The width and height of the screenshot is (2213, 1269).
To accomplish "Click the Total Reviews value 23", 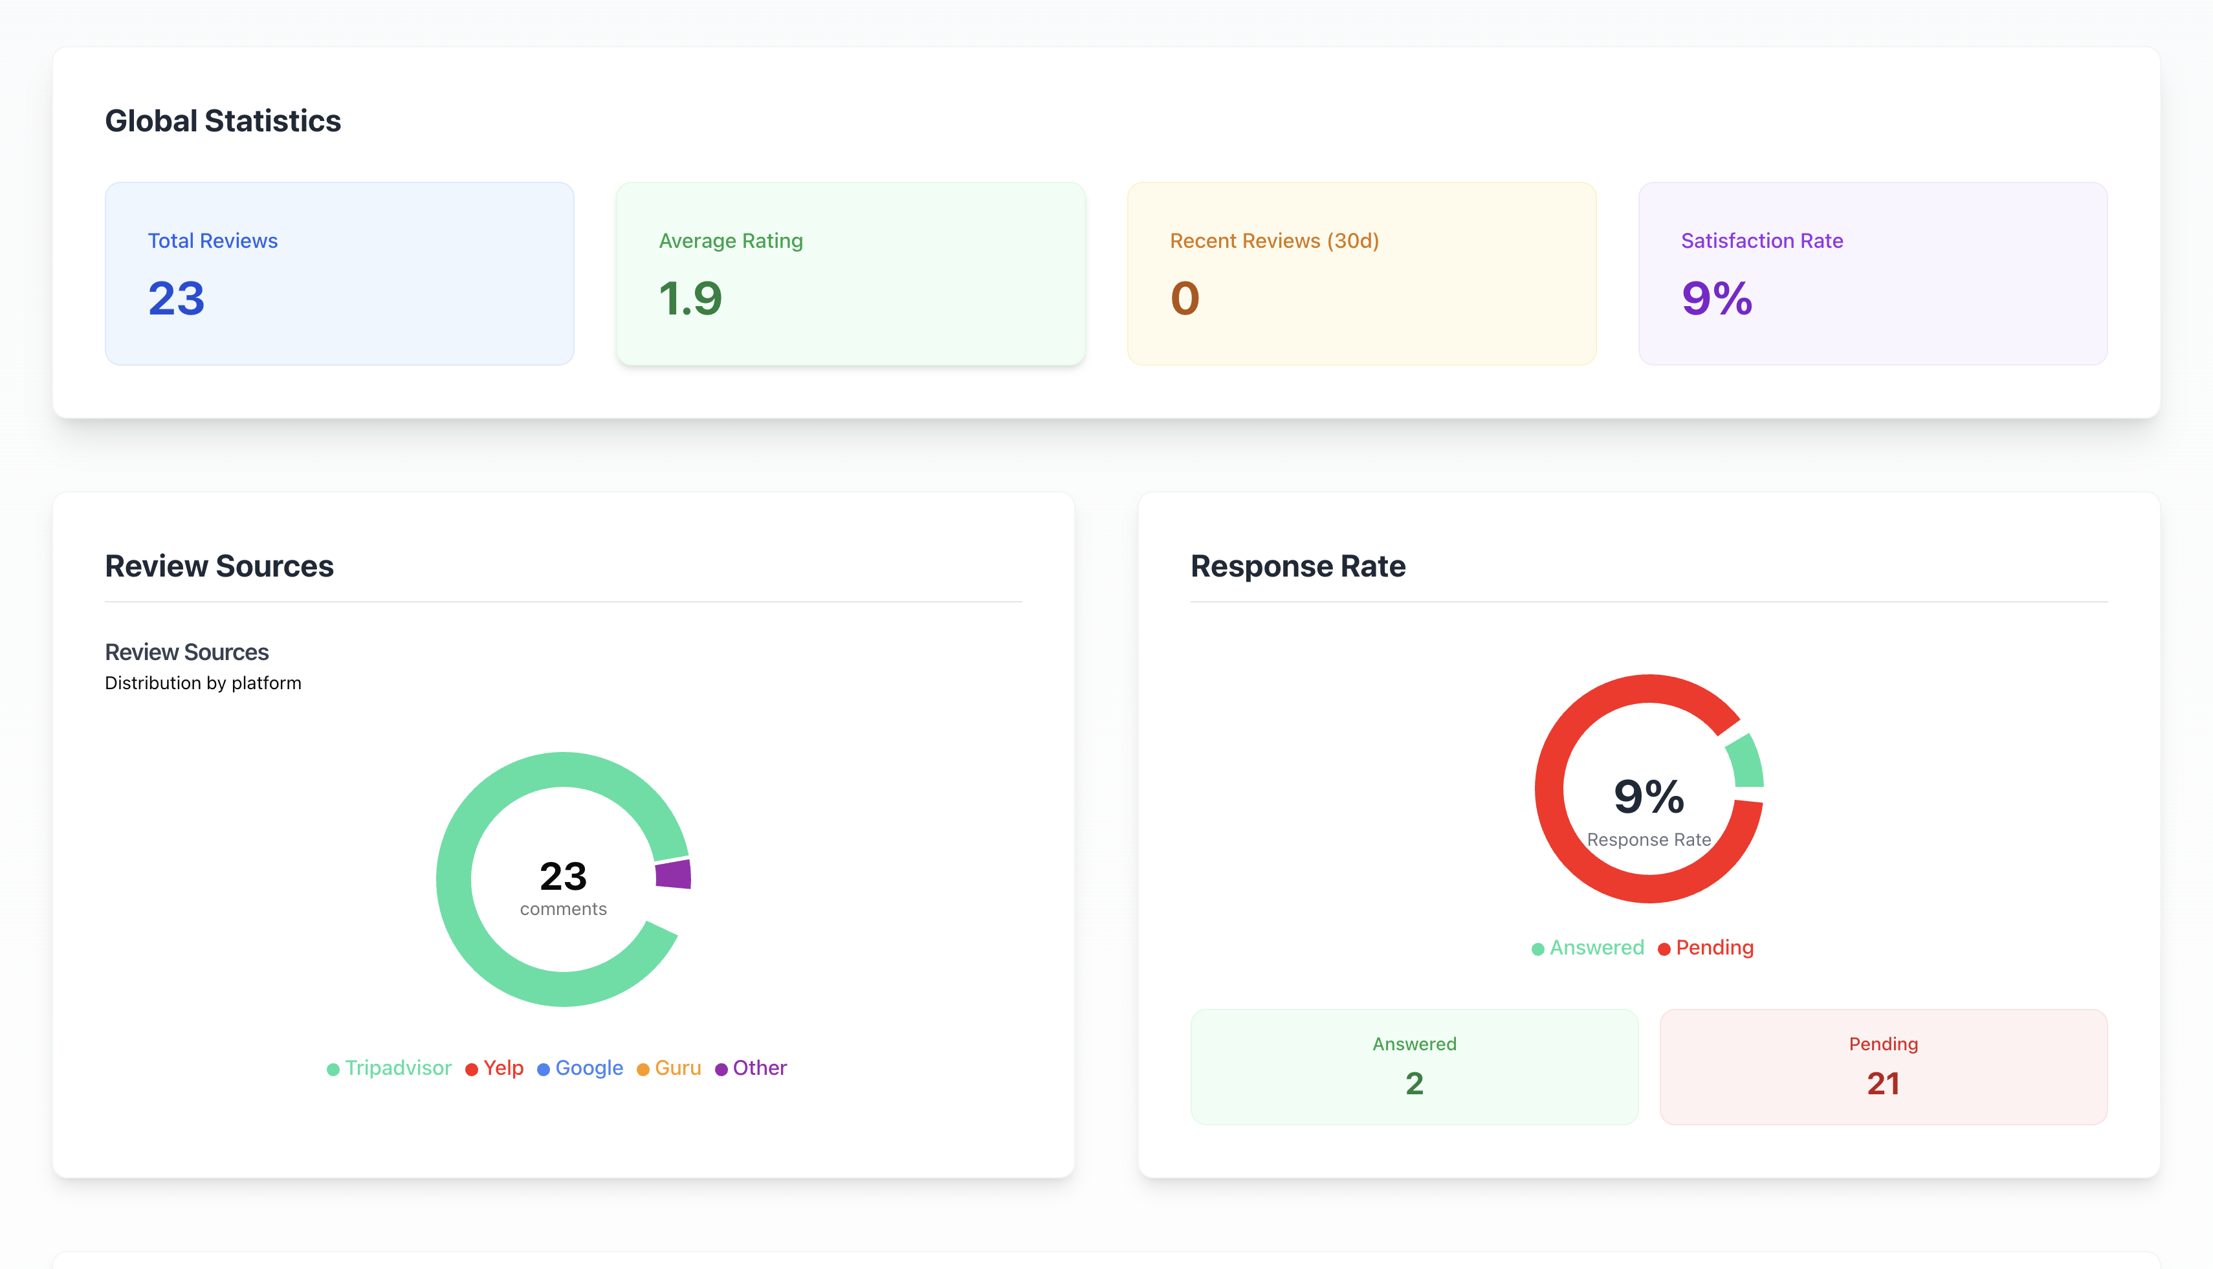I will pos(176,299).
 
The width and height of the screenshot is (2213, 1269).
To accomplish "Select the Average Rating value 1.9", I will pos(690,299).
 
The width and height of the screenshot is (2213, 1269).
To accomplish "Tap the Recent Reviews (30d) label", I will pos(1274,241).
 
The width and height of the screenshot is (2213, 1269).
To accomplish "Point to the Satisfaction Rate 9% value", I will pos(1717,299).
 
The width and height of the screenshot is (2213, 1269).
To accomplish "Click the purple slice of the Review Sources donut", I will pos(674,874).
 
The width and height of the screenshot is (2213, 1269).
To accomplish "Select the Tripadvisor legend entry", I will pos(389,1068).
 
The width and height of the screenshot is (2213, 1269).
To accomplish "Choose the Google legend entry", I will pos(580,1068).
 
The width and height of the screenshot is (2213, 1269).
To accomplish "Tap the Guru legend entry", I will pos(669,1068).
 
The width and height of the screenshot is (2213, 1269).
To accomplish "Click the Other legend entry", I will pos(751,1068).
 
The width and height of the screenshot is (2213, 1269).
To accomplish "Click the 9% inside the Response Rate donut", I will pos(1648,797).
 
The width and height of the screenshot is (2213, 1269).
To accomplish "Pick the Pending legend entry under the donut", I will pos(1705,948).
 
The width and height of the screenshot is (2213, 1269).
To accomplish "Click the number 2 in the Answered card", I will pos(1414,1083).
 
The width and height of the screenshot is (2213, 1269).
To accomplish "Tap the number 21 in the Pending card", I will pos(1883,1083).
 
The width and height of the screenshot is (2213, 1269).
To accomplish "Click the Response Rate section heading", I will pos(1297,566).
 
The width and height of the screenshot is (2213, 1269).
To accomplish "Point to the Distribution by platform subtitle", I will pos(203,683).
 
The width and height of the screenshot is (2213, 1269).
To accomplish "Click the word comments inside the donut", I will pos(563,909).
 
